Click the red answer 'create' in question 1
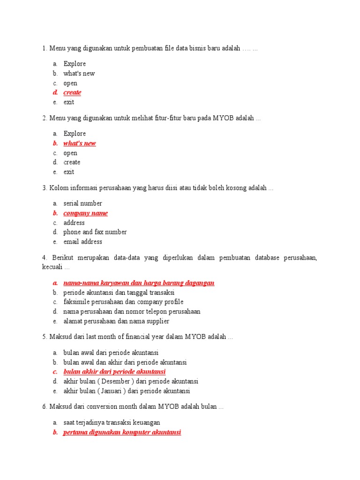72,92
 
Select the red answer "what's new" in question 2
80,143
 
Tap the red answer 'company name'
85,213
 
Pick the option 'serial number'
82,203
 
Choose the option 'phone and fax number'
95,232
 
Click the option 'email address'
82,242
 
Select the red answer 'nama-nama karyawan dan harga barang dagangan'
139,283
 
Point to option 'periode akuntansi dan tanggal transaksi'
119,292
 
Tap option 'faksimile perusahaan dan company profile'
123,302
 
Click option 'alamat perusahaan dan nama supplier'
116,321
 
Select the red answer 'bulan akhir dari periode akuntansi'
114,372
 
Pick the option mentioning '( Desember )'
131,382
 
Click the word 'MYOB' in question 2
223,119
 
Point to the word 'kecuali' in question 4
52,267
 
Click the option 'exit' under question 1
69,102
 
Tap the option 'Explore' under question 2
75,134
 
